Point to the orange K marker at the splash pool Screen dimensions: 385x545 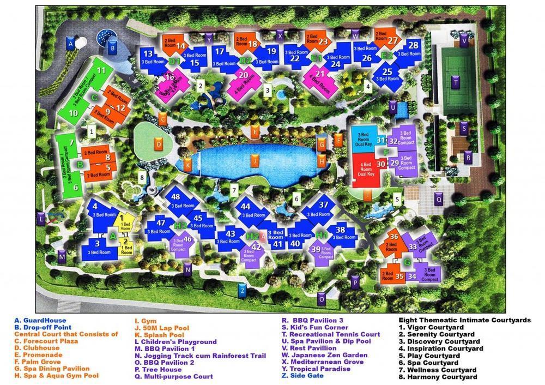tap(187, 164)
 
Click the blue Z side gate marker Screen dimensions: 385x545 tap(243, 291)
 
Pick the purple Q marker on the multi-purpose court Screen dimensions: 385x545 tap(439, 200)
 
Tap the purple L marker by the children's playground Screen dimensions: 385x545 tap(41, 219)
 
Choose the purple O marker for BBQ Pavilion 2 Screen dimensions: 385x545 tap(322, 299)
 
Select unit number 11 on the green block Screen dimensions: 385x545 tap(101, 70)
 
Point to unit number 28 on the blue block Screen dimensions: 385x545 tap(413, 46)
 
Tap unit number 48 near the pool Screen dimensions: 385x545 tap(175, 197)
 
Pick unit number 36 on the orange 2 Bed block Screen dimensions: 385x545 tap(395, 237)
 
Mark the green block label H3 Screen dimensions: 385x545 tap(180, 225)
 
